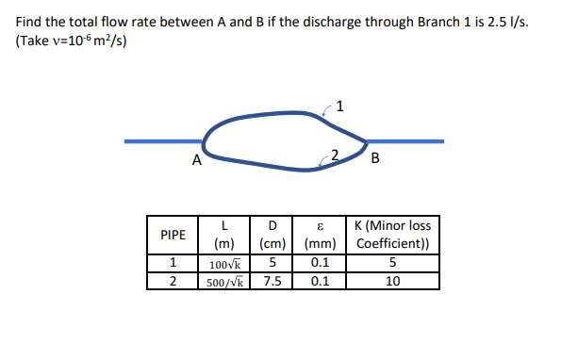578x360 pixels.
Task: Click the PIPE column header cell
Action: [x=173, y=235]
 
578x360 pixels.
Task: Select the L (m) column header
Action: [x=224, y=235]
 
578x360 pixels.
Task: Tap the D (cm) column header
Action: [x=272, y=235]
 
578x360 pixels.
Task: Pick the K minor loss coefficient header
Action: [x=391, y=235]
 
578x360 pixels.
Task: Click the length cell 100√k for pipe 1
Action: [x=224, y=264]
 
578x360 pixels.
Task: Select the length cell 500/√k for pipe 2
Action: [x=224, y=281]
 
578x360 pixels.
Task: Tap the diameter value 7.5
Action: [x=272, y=281]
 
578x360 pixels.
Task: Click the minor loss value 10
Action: [x=391, y=281]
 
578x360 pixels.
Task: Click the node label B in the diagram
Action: [x=376, y=157]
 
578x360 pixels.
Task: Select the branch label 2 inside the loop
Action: [x=334, y=154]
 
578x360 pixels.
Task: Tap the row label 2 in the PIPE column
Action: [x=173, y=281]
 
